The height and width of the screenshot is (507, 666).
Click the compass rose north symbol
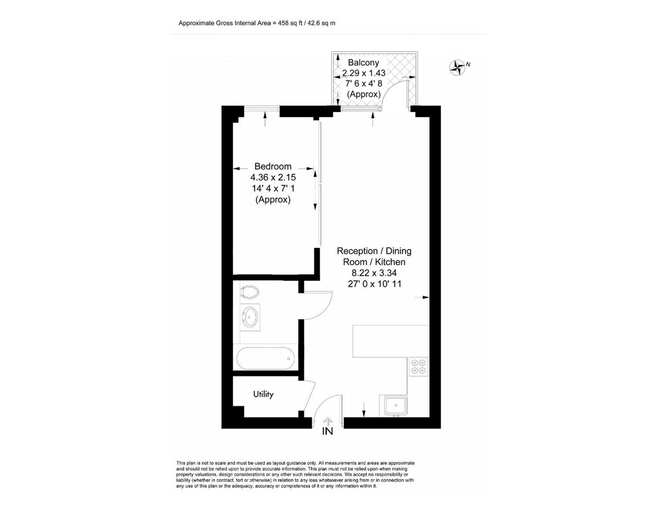coord(458,67)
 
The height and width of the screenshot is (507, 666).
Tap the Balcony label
coord(363,62)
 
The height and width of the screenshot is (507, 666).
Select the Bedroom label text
coord(272,166)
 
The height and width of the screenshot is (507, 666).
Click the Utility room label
coord(263,394)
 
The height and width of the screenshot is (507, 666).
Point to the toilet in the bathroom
coord(249,291)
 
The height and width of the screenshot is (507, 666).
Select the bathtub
coord(264,359)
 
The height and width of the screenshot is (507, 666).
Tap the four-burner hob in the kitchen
coord(419,367)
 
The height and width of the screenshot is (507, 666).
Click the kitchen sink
coord(395,406)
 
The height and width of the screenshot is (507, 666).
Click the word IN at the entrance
coord(328,431)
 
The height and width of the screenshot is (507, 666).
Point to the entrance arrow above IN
coord(328,421)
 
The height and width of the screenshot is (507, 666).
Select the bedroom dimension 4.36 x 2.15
coord(273,178)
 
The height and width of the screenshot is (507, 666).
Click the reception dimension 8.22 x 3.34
coord(374,273)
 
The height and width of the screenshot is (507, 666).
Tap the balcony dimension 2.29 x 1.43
coord(364,73)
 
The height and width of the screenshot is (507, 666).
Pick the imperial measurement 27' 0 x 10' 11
coord(374,284)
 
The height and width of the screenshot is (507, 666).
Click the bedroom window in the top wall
coord(262,109)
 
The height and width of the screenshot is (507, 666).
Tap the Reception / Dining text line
coord(374,251)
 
